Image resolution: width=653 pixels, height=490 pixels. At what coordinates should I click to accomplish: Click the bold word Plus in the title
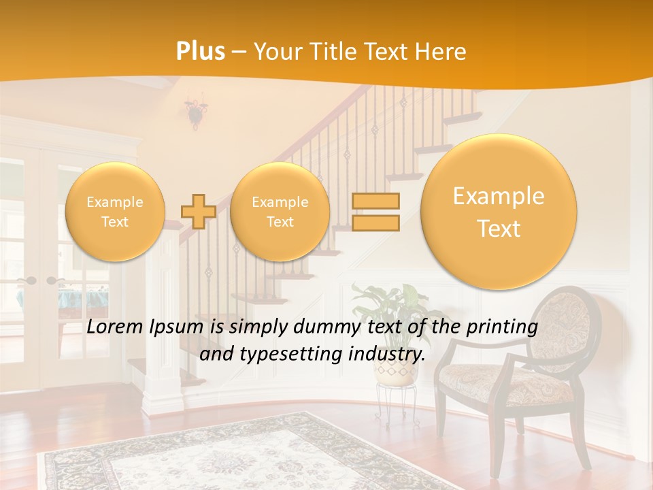point(201,52)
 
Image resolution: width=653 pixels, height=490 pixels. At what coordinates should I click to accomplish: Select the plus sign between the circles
point(199,212)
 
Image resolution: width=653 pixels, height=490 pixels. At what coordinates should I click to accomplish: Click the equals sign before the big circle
point(375,212)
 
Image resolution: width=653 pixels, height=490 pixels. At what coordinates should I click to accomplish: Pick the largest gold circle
point(499,212)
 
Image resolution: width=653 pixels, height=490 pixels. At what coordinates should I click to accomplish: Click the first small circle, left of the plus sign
point(115,212)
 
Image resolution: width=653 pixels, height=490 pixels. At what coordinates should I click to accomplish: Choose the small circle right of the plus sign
point(280,212)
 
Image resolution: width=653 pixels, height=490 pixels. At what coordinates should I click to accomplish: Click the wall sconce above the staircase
point(196,113)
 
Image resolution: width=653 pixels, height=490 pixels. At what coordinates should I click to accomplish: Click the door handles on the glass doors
point(39,280)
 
